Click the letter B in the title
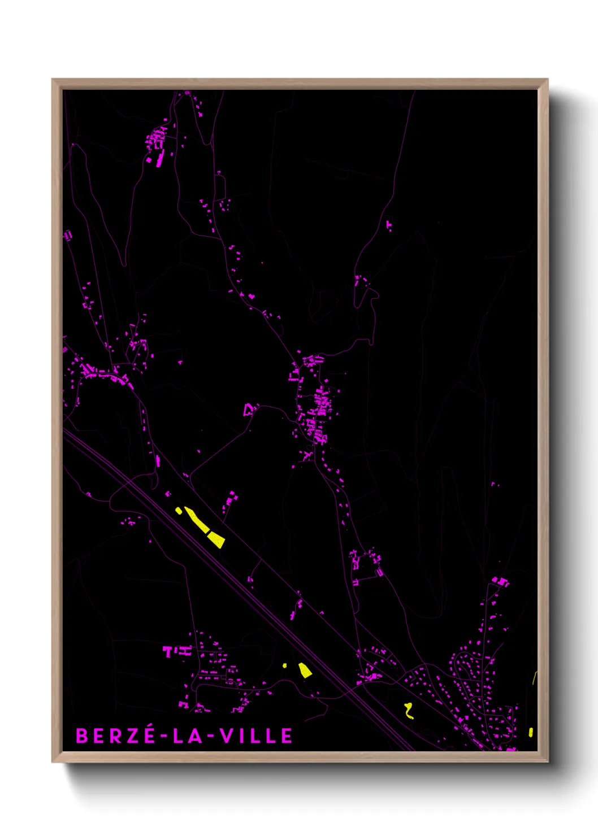click(82, 736)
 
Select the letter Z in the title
click(131, 736)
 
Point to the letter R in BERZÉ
click(115, 736)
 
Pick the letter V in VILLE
click(226, 736)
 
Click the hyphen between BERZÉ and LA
click(163, 737)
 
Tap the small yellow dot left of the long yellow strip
click(179, 511)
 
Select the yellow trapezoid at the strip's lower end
click(217, 539)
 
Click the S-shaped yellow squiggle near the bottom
click(409, 710)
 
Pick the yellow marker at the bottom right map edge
click(530, 732)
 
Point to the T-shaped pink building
click(167, 651)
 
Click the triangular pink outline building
click(249, 408)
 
